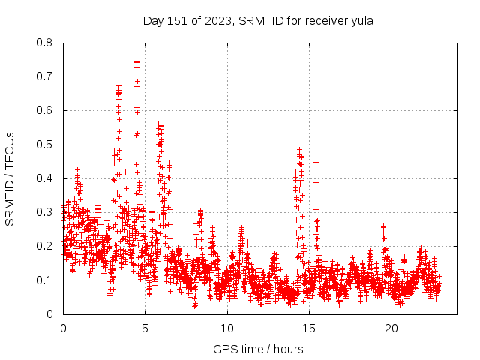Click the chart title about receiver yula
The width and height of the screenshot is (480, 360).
258,20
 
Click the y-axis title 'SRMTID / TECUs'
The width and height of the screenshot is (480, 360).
10,178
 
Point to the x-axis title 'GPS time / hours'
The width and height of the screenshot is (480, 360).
258,349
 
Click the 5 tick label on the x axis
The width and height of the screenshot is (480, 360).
145,328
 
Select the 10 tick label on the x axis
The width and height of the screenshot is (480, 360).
227,328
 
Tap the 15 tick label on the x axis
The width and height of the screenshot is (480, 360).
310,328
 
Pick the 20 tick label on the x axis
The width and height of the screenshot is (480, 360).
391,328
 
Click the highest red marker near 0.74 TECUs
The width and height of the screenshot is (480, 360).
136,61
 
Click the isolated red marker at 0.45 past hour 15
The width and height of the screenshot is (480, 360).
316,162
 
